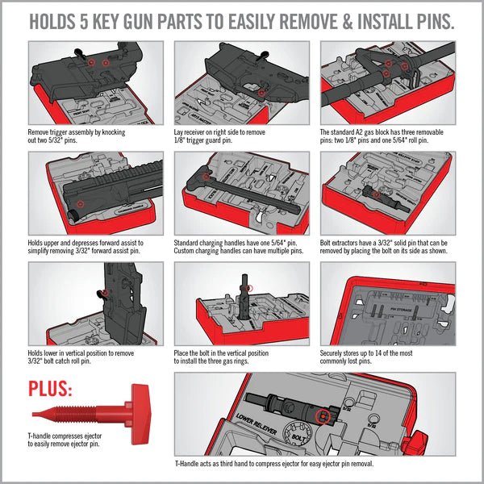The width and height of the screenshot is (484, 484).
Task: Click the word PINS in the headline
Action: coord(428,19)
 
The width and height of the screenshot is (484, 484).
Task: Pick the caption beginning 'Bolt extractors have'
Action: coord(387,245)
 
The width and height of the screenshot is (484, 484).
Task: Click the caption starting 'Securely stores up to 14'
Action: coord(379,356)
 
